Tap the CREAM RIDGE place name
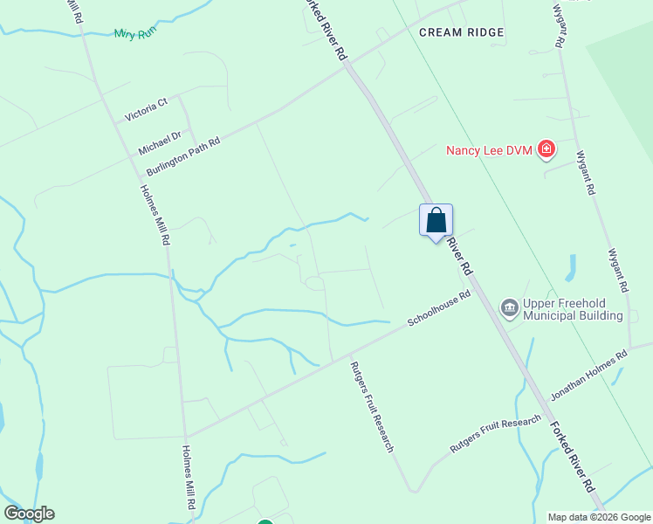461,32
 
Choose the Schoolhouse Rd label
439,309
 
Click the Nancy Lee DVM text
490,150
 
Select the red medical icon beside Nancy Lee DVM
546,150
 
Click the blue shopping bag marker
436,221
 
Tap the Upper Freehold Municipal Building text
573,309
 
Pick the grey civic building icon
508,308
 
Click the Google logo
29,514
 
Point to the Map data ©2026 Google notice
598,517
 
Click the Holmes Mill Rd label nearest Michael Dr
155,214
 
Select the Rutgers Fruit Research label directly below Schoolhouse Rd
373,407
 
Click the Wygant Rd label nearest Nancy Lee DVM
586,173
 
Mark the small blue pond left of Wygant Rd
572,267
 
